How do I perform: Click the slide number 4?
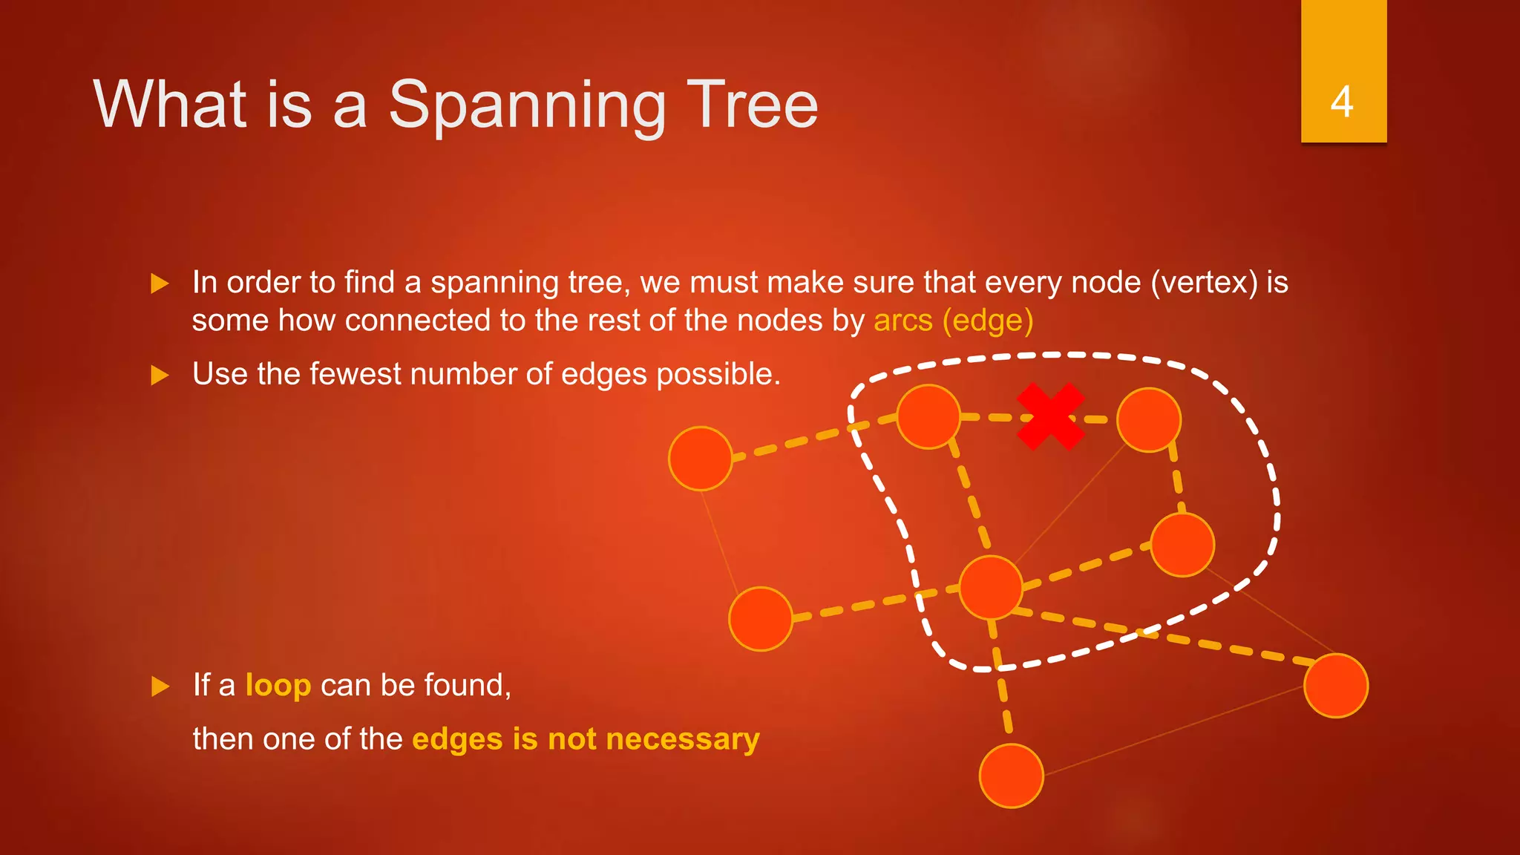pos(1342,102)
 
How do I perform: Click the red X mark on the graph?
pos(1050,416)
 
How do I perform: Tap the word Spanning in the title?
pos(527,105)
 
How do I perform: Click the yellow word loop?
pos(278,685)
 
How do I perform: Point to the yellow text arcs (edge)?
pos(953,321)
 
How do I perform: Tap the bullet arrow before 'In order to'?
pos(160,284)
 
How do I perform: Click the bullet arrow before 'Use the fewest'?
pos(160,375)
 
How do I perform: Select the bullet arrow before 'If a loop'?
pos(160,686)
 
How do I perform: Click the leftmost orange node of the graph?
pos(701,459)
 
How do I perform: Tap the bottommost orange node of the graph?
pos(1011,776)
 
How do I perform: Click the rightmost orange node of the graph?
pos(1335,686)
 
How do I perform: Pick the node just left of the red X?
pos(928,416)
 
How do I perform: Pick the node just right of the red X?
pos(1148,420)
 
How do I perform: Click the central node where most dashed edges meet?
pos(991,587)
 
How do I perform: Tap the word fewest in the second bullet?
pos(355,374)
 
